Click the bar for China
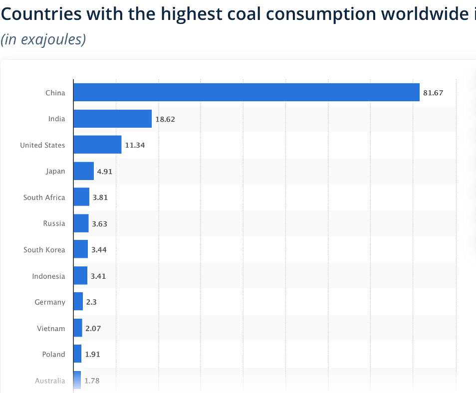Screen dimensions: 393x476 pos(246,92)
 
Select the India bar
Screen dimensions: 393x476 pos(112,119)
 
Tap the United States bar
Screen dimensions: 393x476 pos(97,145)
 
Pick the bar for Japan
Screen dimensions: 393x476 pos(83,171)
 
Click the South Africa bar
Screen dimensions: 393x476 pos(81,197)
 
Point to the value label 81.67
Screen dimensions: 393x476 pos(433,93)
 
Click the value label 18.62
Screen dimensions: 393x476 pos(165,119)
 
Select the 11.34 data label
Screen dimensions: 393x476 pos(135,145)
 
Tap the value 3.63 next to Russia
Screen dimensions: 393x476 pos(99,223)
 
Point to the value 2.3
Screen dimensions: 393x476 pos(91,302)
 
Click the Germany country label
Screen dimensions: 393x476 pos(50,302)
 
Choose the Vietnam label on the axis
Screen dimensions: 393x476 pos(51,328)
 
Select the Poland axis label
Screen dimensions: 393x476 pos(53,354)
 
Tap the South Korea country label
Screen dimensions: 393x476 pos(44,249)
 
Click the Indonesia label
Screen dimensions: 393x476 pos(48,276)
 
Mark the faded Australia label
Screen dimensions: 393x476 pos(50,381)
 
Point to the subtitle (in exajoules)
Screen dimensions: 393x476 pos(43,39)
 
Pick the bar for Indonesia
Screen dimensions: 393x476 pos(80,276)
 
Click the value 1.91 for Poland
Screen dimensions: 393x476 pos(93,355)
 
